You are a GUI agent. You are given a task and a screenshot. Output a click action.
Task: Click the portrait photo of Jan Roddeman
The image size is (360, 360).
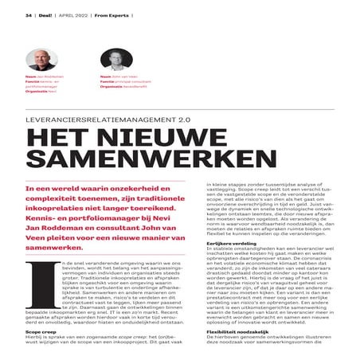coord(37,61)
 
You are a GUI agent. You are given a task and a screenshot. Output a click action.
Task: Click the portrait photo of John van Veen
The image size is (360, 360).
coord(111,61)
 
